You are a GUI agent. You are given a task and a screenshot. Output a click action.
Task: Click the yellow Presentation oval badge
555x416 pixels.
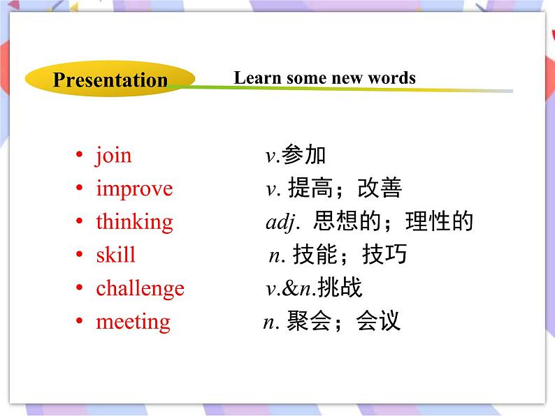[110, 80]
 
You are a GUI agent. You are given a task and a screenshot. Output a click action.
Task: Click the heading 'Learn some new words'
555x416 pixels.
[324, 77]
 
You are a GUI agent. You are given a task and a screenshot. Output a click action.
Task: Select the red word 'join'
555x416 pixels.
[113, 155]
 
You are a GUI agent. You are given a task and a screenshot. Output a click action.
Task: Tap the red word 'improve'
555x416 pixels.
[134, 188]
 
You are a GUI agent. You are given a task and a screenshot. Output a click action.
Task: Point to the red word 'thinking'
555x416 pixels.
[134, 222]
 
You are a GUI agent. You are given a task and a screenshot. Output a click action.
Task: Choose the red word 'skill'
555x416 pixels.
[116, 255]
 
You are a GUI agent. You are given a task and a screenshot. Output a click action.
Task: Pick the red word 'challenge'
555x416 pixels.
[140, 288]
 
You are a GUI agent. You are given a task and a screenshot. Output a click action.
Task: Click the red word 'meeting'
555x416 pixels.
[133, 322]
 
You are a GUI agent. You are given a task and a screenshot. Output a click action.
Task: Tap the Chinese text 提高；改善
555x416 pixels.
[345, 188]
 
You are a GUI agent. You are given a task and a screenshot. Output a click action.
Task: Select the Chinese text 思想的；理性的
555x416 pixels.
[394, 222]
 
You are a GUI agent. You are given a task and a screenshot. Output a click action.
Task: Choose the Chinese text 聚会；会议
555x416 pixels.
[343, 322]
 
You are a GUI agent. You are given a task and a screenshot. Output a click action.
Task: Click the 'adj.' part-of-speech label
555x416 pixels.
[282, 223]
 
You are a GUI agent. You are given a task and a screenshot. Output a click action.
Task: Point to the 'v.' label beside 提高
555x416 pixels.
[272, 189]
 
